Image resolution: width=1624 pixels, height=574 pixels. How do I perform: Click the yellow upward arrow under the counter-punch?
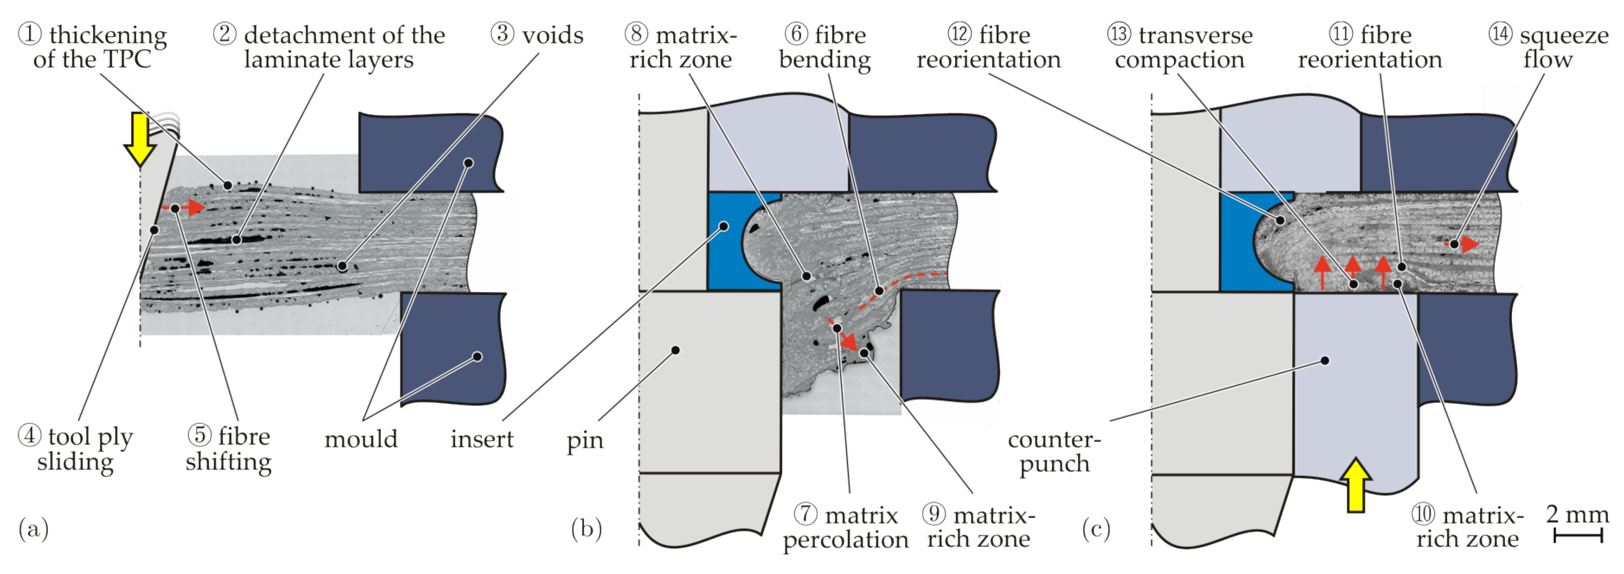(1355, 486)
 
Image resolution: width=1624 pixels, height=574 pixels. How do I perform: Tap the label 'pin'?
(584, 440)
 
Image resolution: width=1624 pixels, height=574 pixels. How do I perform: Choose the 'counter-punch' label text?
(1054, 451)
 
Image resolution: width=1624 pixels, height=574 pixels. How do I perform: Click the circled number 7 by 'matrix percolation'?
(806, 514)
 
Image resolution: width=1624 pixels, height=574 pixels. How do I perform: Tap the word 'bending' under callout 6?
(825, 60)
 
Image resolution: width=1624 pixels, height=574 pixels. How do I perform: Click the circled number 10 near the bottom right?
(1423, 514)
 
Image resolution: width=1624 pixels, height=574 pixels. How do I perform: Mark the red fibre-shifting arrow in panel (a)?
(192, 208)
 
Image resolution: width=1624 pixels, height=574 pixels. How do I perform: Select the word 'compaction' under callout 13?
(1180, 60)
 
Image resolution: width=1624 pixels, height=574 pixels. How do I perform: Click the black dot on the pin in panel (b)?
(675, 350)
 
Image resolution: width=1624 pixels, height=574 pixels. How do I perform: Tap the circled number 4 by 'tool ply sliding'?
(29, 435)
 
